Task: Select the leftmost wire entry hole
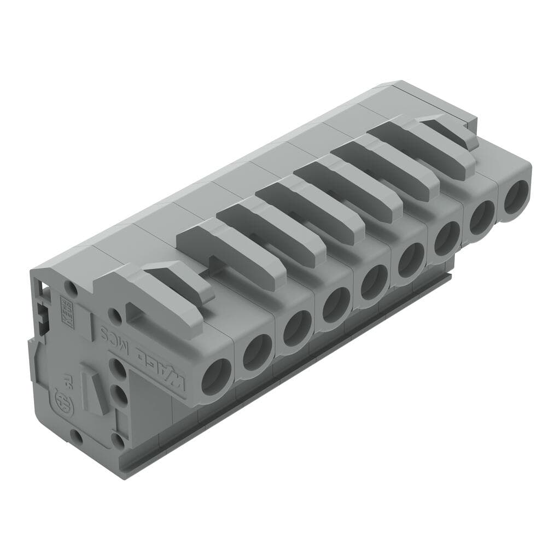(217, 377)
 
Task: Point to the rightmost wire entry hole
(515, 197)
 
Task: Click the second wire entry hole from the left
(256, 352)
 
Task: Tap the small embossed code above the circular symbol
(67, 377)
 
